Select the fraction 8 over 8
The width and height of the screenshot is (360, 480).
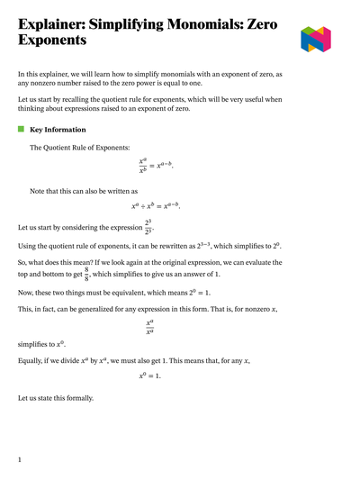[x=86, y=273]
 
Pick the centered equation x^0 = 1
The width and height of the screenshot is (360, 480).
[x=149, y=376]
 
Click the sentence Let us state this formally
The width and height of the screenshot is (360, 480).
[x=61, y=398]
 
